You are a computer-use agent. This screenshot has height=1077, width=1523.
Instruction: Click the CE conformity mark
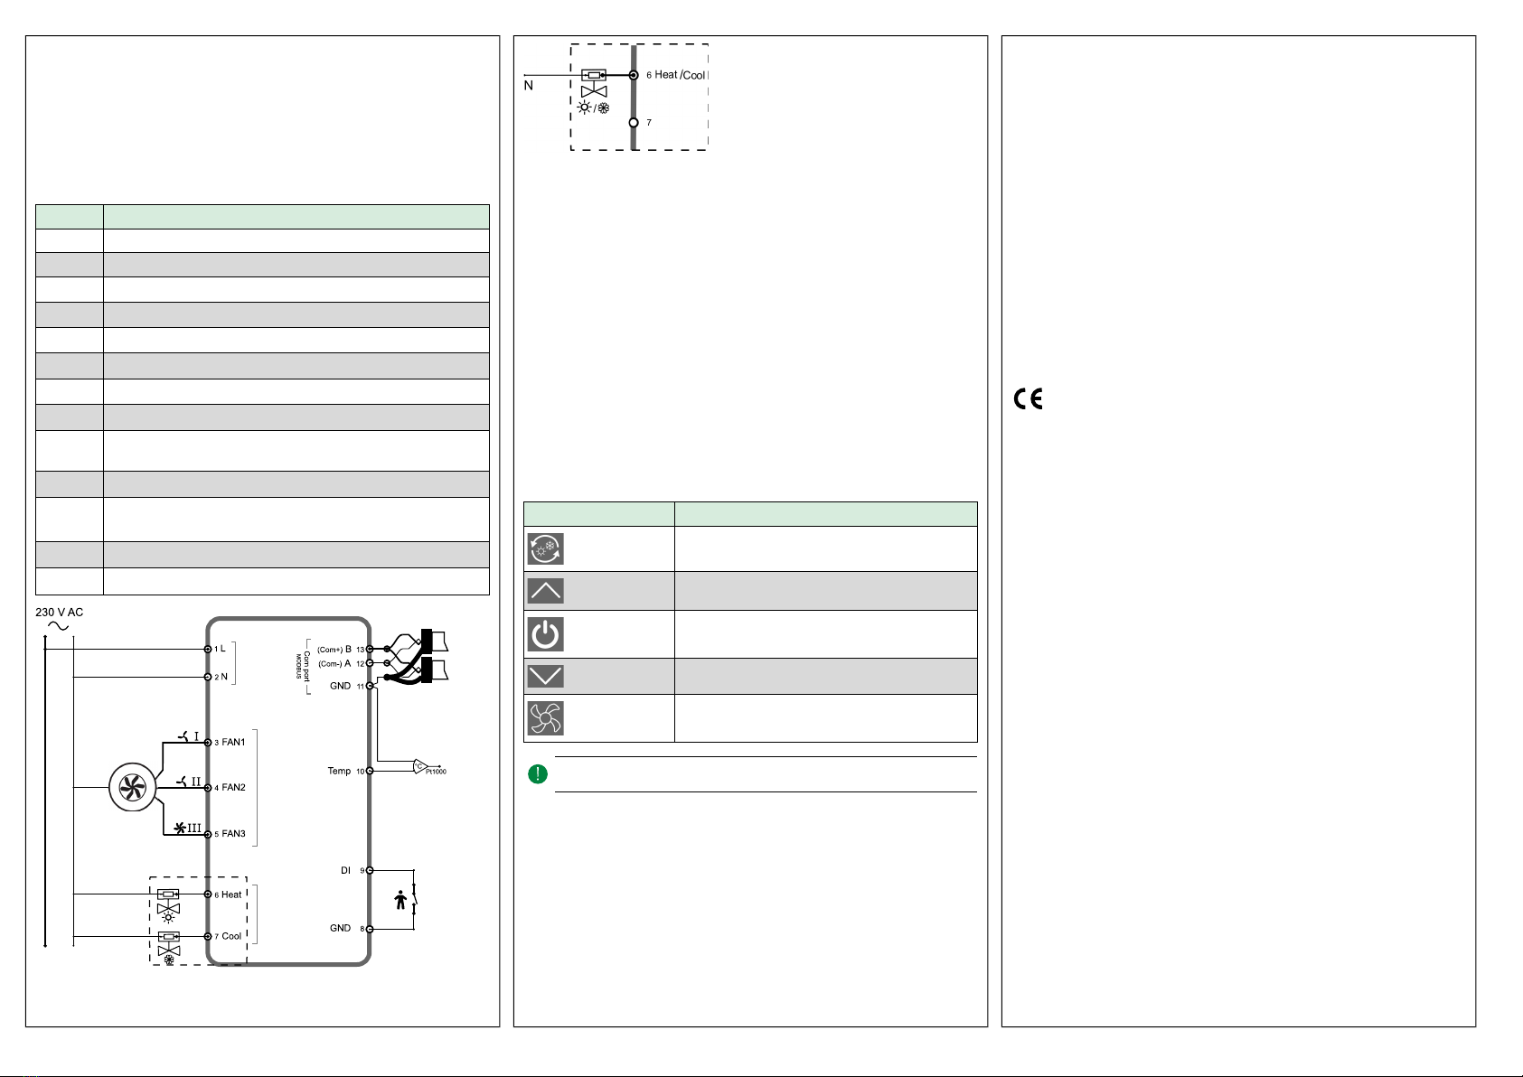[1028, 398]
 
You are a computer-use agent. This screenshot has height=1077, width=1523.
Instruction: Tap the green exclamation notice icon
[537, 774]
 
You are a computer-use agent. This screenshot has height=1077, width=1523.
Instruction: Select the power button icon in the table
[545, 634]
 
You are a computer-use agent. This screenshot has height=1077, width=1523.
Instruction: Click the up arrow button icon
[545, 591]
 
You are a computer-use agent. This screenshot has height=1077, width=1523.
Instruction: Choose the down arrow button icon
[545, 676]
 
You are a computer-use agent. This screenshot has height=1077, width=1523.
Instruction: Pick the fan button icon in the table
[545, 718]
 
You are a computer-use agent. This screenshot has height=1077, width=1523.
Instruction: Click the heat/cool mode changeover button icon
[545, 549]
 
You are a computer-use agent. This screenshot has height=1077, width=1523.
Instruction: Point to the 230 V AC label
[59, 613]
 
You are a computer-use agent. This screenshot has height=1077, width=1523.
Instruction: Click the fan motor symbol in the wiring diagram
[133, 788]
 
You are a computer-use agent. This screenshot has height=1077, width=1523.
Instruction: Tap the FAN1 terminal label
[233, 742]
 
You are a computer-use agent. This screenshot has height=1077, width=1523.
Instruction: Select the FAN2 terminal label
[233, 788]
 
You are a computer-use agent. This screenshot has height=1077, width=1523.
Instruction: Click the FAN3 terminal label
[233, 834]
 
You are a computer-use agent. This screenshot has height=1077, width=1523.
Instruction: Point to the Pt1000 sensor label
[436, 772]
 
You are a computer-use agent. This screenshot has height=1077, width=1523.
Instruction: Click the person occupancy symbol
[400, 900]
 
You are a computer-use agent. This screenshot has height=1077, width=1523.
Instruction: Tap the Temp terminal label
[339, 771]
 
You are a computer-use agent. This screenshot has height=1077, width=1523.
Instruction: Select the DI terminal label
[345, 870]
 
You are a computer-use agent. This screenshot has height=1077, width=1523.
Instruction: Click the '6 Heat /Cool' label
[676, 75]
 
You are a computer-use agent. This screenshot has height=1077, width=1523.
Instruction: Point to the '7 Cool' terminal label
[228, 936]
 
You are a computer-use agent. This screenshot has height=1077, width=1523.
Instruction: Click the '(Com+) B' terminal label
[334, 650]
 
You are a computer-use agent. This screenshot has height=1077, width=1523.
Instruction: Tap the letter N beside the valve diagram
[528, 86]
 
